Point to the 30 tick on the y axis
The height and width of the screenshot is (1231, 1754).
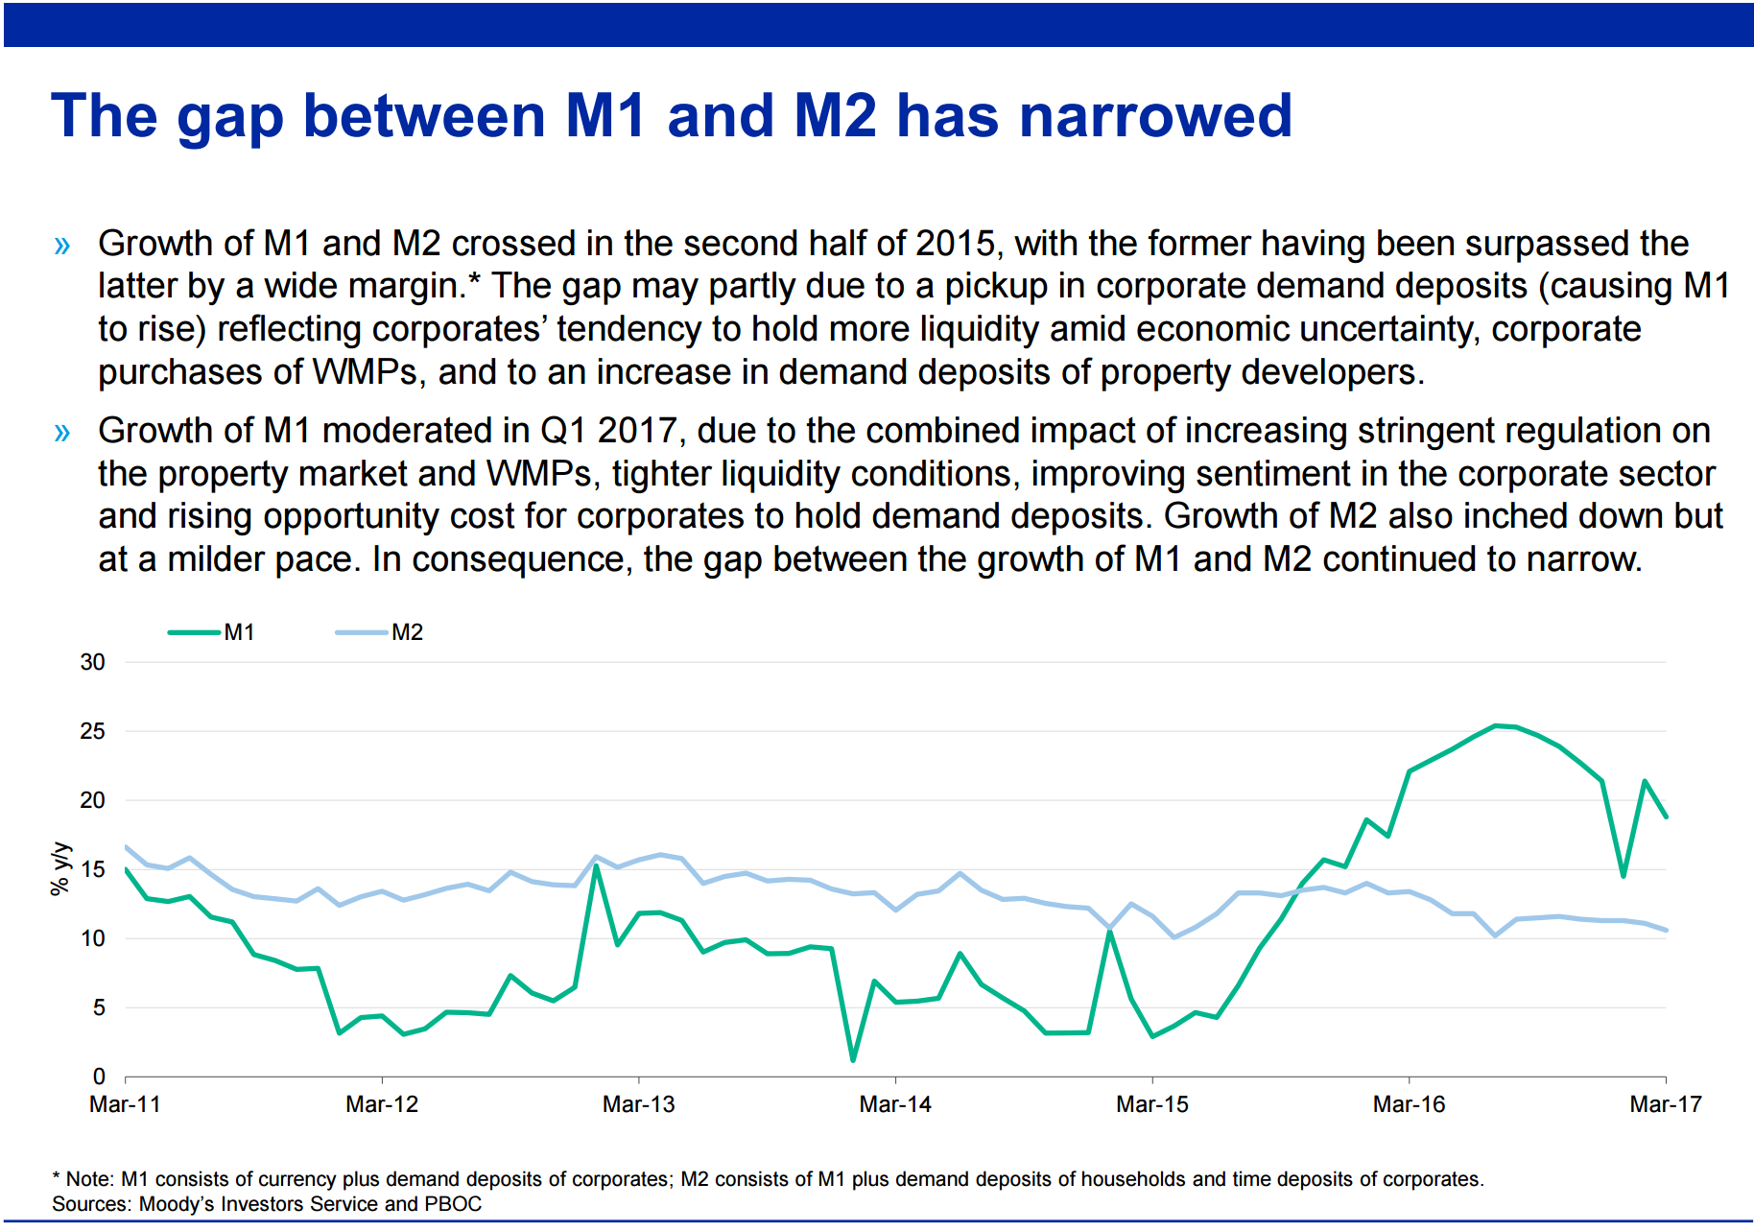(x=93, y=662)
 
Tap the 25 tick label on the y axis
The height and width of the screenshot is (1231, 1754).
(x=93, y=731)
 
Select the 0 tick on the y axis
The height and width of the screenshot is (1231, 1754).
(x=99, y=1077)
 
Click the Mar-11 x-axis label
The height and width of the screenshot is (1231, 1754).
(x=125, y=1104)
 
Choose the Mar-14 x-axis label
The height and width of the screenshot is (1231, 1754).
(x=895, y=1104)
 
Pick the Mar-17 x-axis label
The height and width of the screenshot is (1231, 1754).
(x=1666, y=1104)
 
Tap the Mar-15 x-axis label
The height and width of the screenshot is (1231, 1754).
(x=1152, y=1104)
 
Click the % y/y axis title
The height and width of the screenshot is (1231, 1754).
(x=60, y=868)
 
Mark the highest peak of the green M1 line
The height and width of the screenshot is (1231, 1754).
(x=1495, y=725)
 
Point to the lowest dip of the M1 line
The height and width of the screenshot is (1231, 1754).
(x=853, y=1060)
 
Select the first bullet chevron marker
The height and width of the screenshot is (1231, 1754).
(x=63, y=246)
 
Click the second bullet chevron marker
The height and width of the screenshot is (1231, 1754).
(x=63, y=433)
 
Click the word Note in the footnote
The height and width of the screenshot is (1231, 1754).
(x=90, y=1179)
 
